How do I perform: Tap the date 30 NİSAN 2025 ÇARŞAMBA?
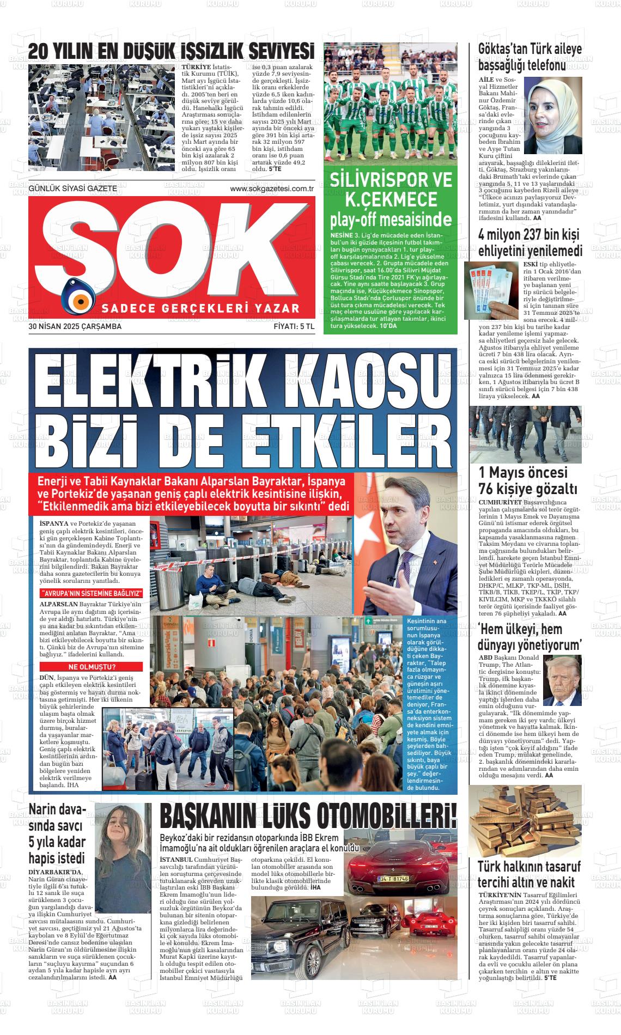pyautogui.click(x=75, y=327)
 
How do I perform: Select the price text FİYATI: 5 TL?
pyautogui.click(x=294, y=327)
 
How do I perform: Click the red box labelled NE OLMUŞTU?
pyautogui.click(x=92, y=667)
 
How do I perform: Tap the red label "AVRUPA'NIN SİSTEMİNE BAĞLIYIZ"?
pyautogui.click(x=92, y=593)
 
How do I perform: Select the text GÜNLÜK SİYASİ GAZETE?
pyautogui.click(x=72, y=188)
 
